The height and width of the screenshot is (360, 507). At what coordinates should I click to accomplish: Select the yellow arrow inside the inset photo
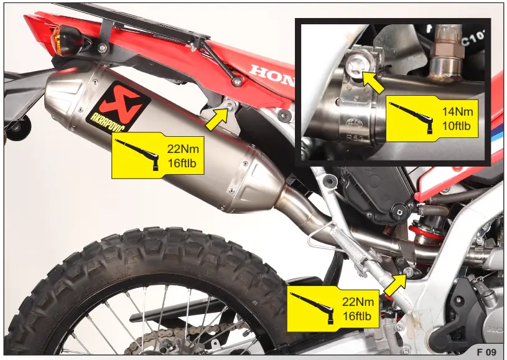[374, 82]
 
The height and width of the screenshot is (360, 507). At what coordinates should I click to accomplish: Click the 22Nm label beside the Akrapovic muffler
[182, 149]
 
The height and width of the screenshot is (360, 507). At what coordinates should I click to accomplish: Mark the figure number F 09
[486, 352]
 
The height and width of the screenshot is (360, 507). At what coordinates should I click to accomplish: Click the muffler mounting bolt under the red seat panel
[231, 107]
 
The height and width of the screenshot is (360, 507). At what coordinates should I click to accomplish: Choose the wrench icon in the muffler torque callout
[138, 153]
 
